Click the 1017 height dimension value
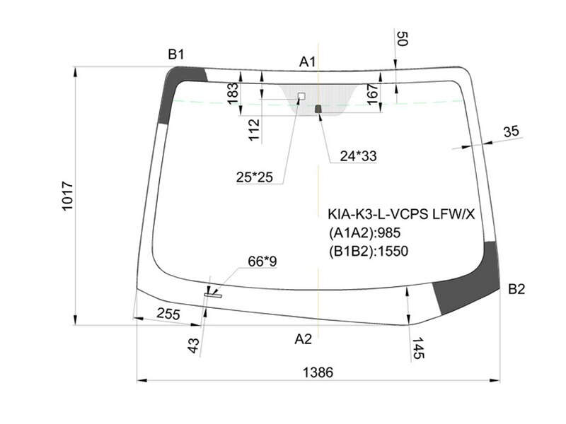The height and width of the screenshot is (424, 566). point(67,196)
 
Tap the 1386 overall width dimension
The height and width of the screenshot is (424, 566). point(318,372)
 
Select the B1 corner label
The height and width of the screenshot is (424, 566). point(176,54)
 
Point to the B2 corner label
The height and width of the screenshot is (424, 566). point(516,289)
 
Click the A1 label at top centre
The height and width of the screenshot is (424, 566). point(307,62)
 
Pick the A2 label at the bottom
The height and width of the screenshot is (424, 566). point(303,339)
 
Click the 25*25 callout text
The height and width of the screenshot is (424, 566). point(255,177)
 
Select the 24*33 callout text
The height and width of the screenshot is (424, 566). point(358,155)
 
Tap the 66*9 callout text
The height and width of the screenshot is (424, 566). point(262,261)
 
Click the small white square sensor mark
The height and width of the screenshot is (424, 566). point(301,96)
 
